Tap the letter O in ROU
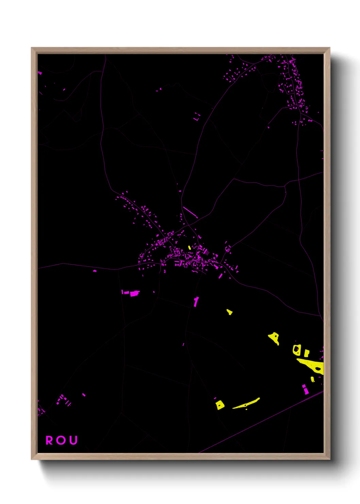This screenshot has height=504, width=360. pos(61,440)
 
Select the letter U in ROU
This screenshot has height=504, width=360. pos(73,440)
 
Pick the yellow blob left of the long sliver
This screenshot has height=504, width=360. pos(220,405)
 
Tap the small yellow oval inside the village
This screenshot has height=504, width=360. pos(190,248)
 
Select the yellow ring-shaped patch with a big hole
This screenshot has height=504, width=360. pos(296,350)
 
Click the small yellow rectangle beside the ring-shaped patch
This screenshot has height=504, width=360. pos(307,353)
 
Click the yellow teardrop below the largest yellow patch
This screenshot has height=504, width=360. pos(312,379)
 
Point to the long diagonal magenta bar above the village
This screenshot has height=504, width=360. pos(190,212)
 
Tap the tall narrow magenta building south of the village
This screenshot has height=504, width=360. pos(196,302)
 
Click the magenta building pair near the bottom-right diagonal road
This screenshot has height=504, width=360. pos(305,389)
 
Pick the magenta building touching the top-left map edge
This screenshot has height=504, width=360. pos(40,73)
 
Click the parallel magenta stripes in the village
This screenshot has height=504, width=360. pos(206,252)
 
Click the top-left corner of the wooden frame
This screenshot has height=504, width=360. pos(32,48)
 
